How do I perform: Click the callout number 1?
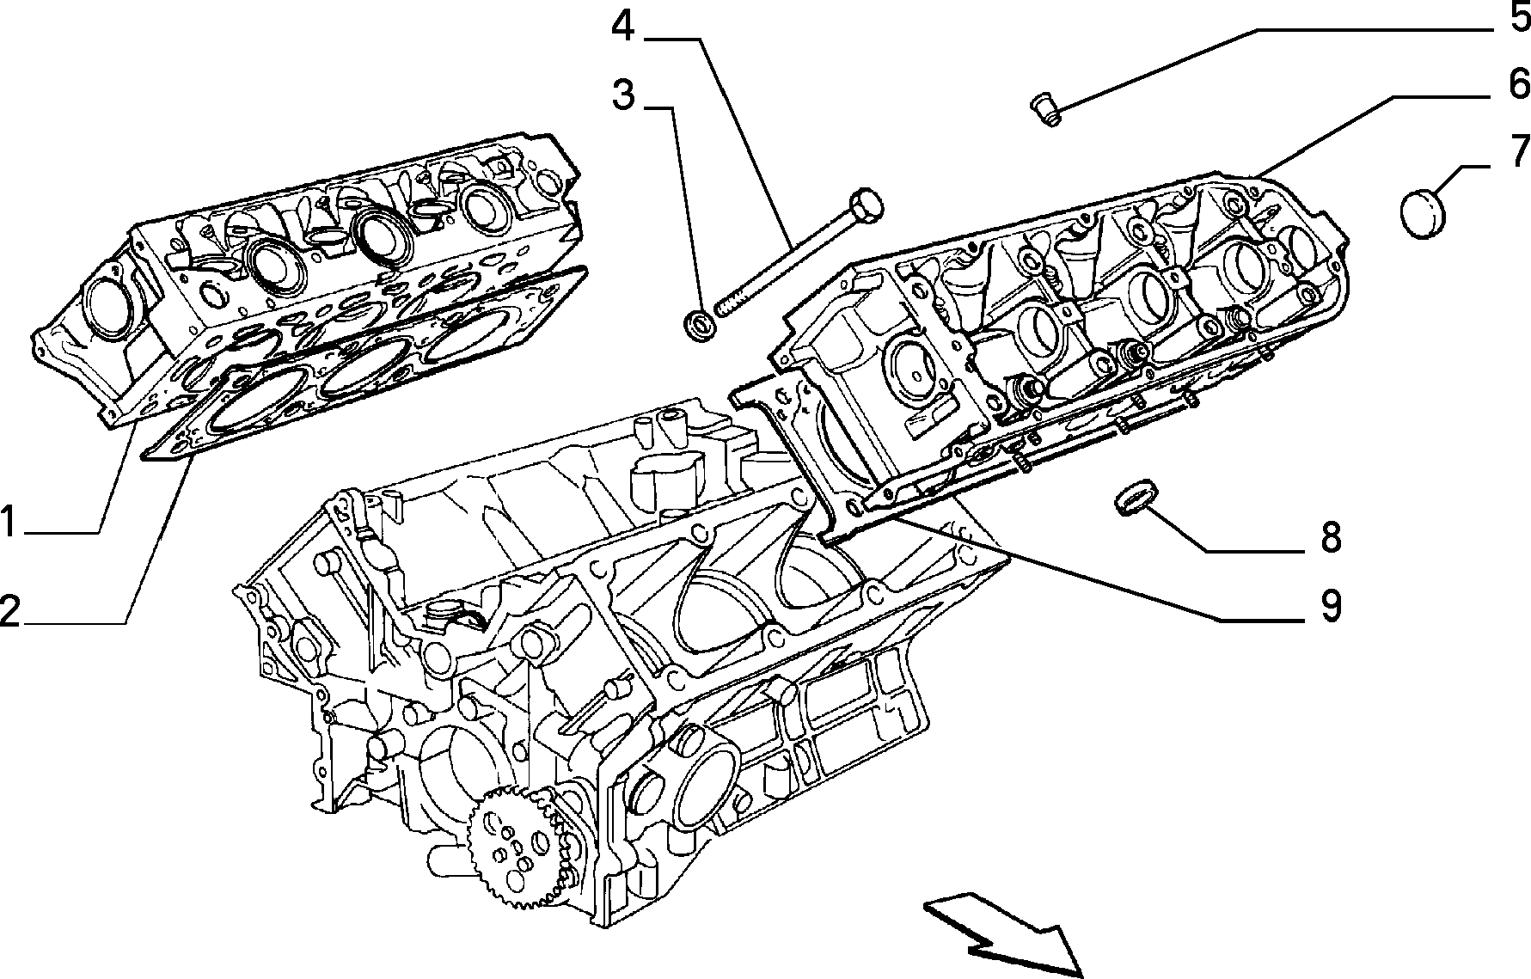click(x=9, y=522)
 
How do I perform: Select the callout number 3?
click(x=623, y=95)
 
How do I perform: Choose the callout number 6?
click(x=1518, y=83)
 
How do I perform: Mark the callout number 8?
click(x=1330, y=538)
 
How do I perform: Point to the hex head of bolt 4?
click(x=865, y=205)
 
